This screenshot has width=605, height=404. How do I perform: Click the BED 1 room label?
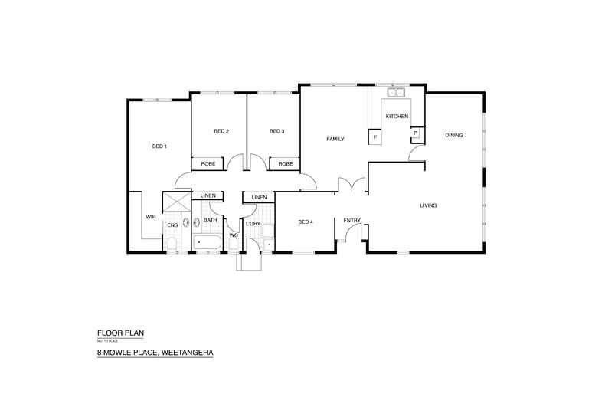pyautogui.click(x=159, y=146)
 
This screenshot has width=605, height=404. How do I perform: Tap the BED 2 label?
pyautogui.click(x=221, y=132)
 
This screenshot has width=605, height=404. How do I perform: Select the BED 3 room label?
pyautogui.click(x=277, y=132)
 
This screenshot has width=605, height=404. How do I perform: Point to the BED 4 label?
pyautogui.click(x=306, y=222)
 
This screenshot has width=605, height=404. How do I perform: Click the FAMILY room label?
pyautogui.click(x=335, y=140)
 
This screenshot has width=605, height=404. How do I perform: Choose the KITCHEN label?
pyautogui.click(x=396, y=117)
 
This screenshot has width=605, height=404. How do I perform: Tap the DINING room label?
pyautogui.click(x=454, y=136)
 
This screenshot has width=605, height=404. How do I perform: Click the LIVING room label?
pyautogui.click(x=428, y=205)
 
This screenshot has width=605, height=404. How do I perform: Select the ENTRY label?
pyautogui.click(x=352, y=221)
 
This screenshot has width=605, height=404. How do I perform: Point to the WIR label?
pyautogui.click(x=151, y=218)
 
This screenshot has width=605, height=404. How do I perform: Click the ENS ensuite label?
pyautogui.click(x=172, y=225)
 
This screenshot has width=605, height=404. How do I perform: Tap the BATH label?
pyautogui.click(x=211, y=221)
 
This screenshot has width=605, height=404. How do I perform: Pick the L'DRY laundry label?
pyautogui.click(x=253, y=223)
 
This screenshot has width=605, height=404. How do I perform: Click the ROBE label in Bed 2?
pyautogui.click(x=208, y=163)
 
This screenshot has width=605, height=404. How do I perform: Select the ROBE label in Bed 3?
pyautogui.click(x=286, y=163)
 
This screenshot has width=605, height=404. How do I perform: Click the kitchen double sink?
pyautogui.click(x=396, y=94)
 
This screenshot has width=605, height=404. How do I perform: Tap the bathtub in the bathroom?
pyautogui.click(x=208, y=245)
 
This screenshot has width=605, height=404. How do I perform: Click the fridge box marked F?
pyautogui.click(x=375, y=138)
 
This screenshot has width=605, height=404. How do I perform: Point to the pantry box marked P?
pyautogui.click(x=415, y=133)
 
